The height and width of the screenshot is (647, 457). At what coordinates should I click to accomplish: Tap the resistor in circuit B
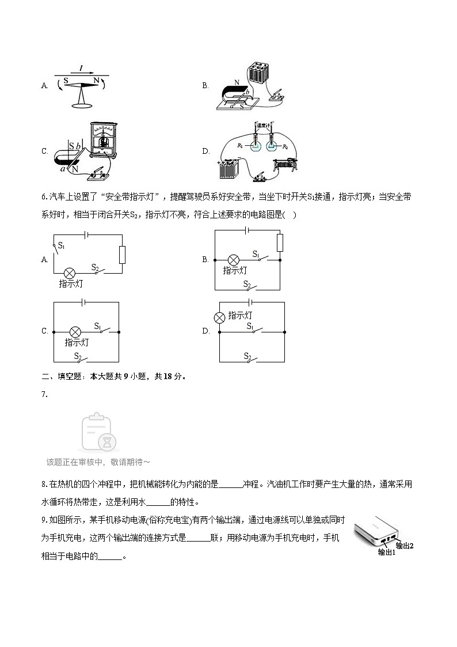point(280,243)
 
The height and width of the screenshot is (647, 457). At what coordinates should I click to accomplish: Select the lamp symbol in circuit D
point(219,317)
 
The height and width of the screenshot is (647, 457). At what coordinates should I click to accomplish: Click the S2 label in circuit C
point(77,355)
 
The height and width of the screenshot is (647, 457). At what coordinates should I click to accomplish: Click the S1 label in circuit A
point(62,245)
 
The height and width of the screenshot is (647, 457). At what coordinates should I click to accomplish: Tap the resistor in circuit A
point(122,255)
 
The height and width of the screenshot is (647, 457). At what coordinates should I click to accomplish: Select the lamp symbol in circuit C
point(74,332)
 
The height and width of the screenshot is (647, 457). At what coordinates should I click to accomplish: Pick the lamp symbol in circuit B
point(234,259)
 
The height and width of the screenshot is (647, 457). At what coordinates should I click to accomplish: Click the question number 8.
point(44,485)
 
